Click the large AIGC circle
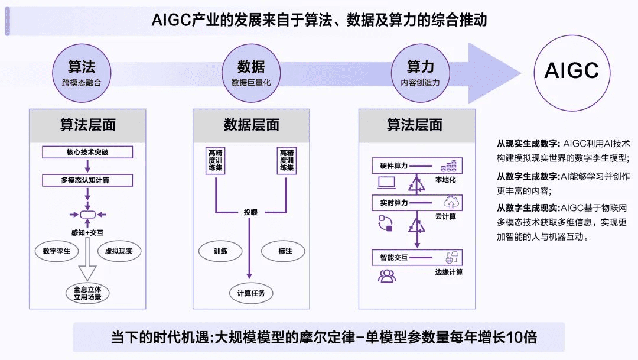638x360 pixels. pos(571,71)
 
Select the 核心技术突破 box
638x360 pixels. pos(87,152)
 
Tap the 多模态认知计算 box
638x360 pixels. pos(87,180)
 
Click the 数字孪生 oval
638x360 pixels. pos(57,251)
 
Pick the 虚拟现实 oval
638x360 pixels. pos(119,251)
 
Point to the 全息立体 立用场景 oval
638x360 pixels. pos(87,293)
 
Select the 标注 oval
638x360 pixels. pos(285,251)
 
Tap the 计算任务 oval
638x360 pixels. pos(251,293)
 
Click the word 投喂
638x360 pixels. pos(252,212)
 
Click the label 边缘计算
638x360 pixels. pos(448,272)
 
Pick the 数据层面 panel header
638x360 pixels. pos(251,125)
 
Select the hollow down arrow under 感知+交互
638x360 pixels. pos(87,263)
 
